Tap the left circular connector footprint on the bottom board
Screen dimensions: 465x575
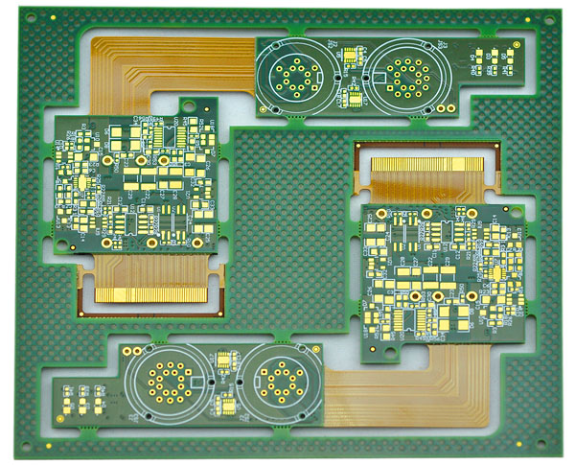pos(169,383)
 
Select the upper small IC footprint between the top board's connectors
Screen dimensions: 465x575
pos(351,55)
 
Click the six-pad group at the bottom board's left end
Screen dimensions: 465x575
pos(82,396)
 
